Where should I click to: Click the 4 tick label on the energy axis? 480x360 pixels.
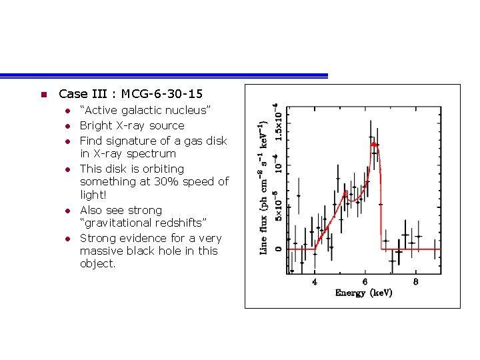coord(315,281)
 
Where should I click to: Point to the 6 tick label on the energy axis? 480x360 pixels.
coord(365,281)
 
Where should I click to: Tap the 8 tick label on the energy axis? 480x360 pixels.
coord(416,281)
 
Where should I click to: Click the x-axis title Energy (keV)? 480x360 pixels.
coord(363,293)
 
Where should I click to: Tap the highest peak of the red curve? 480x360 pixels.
coord(374,143)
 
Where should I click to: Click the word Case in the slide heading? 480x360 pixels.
coord(72,94)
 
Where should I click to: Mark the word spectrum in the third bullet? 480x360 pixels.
coord(153,153)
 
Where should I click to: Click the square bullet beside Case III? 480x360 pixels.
coord(42,95)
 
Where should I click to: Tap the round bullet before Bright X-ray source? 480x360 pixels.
coord(67,126)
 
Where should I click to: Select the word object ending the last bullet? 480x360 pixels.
coord(97,263)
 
